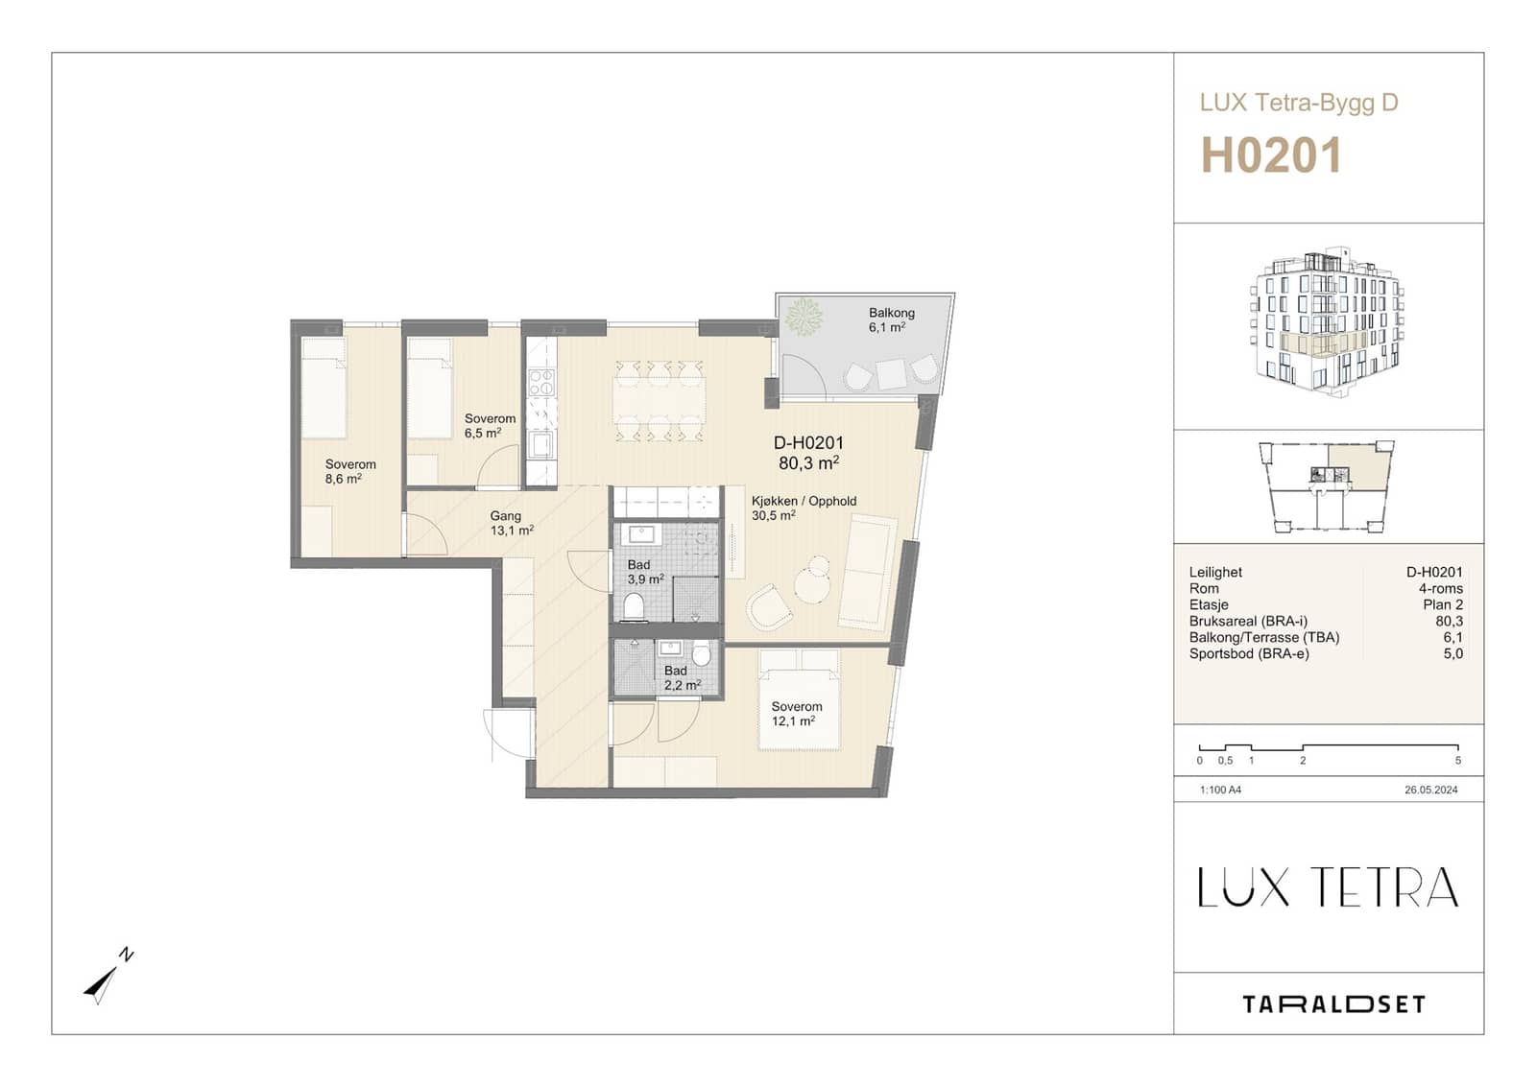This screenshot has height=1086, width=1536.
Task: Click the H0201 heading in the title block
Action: [x=1271, y=156]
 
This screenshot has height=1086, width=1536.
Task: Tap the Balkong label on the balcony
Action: [x=892, y=313]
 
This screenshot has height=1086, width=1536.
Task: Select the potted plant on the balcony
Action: [x=804, y=317]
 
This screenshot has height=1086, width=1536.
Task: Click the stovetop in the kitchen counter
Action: [x=541, y=383]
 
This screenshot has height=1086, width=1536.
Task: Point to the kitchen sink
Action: [x=541, y=445]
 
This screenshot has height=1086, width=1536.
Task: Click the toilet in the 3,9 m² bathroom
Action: [x=635, y=606]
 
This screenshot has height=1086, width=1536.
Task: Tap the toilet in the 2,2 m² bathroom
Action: [x=701, y=653]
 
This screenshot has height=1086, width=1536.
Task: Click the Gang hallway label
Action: [x=505, y=516]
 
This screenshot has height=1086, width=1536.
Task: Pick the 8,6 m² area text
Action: [x=344, y=479]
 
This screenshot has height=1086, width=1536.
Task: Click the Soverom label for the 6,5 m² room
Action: [x=490, y=418]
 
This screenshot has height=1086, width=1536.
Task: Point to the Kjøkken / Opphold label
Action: [x=804, y=501]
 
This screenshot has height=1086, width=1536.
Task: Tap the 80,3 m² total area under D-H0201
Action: [x=809, y=463]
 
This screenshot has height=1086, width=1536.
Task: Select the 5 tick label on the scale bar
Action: [x=1458, y=761]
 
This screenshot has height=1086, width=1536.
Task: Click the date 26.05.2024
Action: [x=1431, y=790]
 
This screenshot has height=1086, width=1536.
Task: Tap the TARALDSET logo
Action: [x=1333, y=1004]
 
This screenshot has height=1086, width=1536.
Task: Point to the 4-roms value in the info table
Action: [x=1441, y=588]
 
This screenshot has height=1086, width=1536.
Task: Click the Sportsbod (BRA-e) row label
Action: [x=1249, y=653]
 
